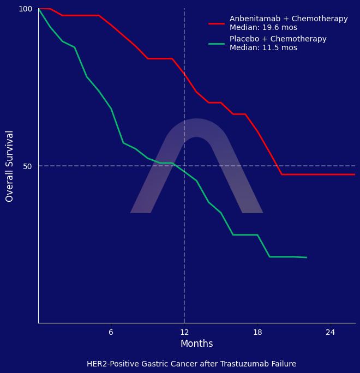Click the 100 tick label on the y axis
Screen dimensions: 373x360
26,9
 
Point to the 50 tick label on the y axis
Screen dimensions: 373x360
27,166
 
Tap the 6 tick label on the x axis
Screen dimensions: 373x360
111,333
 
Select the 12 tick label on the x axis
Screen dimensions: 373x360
184,333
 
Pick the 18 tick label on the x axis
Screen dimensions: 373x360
257,333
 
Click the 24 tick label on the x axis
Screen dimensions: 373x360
331,333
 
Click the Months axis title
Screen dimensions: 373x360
196,344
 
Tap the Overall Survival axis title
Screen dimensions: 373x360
10,166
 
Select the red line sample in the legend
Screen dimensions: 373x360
217,23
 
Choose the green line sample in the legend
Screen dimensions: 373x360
217,44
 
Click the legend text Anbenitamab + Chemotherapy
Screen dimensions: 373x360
289,19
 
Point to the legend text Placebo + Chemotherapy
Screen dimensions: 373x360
278,39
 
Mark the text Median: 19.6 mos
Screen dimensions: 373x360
263,28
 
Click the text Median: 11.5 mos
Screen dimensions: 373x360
263,48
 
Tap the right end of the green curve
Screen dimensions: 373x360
307,257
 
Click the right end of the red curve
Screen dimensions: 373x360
355,175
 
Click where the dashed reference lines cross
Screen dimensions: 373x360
184,166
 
